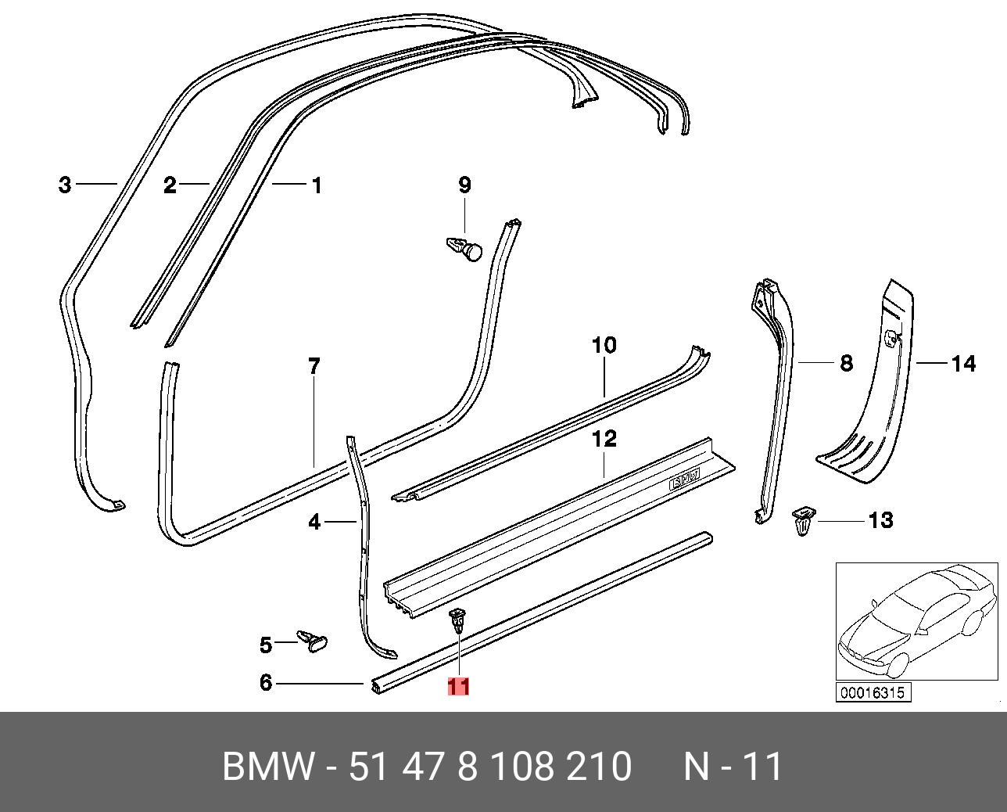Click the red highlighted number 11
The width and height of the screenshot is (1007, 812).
(457, 686)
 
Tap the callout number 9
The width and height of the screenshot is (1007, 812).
(464, 185)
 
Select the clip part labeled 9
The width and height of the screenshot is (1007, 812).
(464, 249)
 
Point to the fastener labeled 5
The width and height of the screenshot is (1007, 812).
(313, 641)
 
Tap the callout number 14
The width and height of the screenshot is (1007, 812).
(963, 364)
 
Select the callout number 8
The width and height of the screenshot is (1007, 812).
(846, 363)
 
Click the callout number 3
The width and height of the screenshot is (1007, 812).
(65, 185)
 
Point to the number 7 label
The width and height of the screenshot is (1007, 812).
(314, 365)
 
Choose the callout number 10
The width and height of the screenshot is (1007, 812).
(604, 345)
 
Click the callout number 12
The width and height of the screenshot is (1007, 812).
(604, 438)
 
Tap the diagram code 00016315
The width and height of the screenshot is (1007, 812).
(873, 692)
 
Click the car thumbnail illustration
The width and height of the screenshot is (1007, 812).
(916, 622)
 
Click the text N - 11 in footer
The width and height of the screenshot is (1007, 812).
(733, 767)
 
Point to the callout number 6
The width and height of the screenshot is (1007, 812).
(266, 683)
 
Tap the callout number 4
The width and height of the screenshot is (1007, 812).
(314, 521)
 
